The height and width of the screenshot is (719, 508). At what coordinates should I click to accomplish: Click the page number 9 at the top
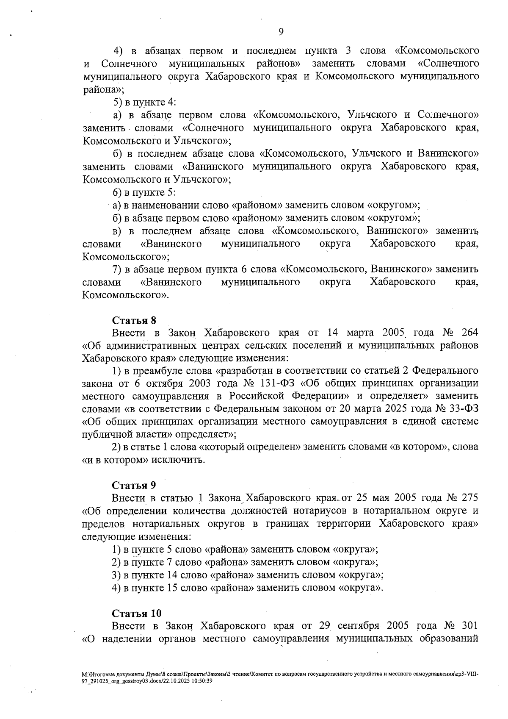pos(281,32)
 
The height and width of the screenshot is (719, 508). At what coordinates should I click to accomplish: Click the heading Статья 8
pos(134,320)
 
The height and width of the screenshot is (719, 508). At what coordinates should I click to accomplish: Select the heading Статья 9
pos(134,485)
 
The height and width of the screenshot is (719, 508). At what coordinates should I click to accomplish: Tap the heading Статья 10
pos(136,613)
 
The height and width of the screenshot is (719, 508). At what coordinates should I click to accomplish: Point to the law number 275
pos(469,498)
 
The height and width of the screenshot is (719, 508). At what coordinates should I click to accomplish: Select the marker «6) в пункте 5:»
pos(144,192)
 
